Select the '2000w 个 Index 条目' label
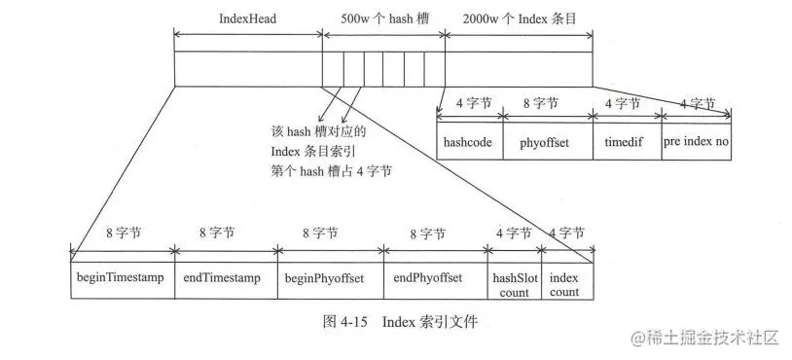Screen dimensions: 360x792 520,19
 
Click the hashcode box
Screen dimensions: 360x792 471,141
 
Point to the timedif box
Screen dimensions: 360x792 627,141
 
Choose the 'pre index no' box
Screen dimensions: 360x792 696,141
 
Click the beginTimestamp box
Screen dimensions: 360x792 123,277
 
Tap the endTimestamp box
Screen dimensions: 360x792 225,277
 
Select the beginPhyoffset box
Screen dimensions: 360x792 330,277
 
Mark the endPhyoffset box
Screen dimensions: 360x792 435,277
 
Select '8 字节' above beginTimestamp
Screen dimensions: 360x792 123,234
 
